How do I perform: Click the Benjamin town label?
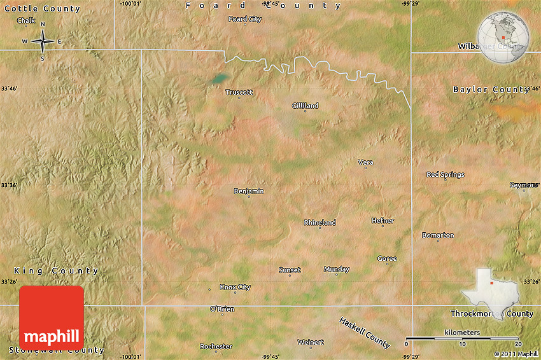[x=249, y=191]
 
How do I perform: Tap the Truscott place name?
[x=239, y=92]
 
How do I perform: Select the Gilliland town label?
[x=306, y=105]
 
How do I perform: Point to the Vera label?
[x=365, y=162]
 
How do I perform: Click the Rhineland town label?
[x=320, y=223]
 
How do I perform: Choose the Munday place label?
[x=336, y=269]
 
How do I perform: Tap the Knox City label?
[x=235, y=287]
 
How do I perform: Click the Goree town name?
[x=387, y=258]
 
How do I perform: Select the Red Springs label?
[x=445, y=174]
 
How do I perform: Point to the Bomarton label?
[x=438, y=235]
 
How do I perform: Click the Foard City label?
[x=245, y=19]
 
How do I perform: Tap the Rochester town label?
[x=216, y=346]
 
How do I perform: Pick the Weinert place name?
[x=311, y=342]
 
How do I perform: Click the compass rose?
[x=43, y=41]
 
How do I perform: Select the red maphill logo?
[x=52, y=317]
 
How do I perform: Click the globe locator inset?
[x=503, y=37]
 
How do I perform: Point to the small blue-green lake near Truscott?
[x=218, y=79]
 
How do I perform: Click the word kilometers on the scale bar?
[x=462, y=333]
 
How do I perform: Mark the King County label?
[x=56, y=270]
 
